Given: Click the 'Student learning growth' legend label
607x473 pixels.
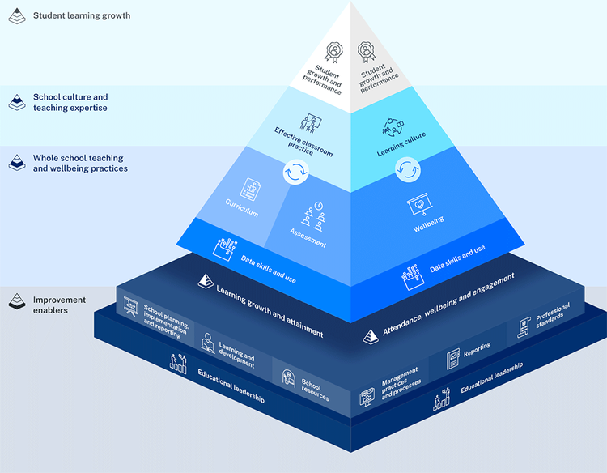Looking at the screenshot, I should tap(81, 15).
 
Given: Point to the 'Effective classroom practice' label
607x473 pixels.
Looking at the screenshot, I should tap(303, 143).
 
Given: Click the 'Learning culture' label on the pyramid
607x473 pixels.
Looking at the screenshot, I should tap(401, 145).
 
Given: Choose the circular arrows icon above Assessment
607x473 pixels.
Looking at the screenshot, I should tap(296, 173).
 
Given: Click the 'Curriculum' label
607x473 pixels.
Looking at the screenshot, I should tap(242, 208).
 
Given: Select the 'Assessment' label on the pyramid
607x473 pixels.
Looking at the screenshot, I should tap(308, 238).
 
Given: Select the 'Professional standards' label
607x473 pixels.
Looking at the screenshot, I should tap(553, 317).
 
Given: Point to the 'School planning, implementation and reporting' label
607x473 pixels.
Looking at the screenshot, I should tap(167, 318).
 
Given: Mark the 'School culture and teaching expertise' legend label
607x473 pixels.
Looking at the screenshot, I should tap(70, 102).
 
